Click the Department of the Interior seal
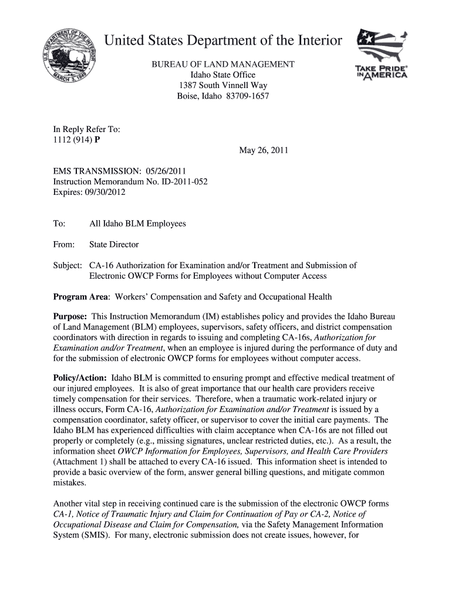[70, 60]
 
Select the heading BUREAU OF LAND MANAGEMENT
[223, 64]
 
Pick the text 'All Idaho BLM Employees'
[137, 224]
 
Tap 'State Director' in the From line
[114, 244]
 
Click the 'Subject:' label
[68, 265]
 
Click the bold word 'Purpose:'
[70, 316]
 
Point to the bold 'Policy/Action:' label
[80, 378]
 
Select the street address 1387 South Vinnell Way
[223, 85]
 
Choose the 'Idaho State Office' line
[223, 75]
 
